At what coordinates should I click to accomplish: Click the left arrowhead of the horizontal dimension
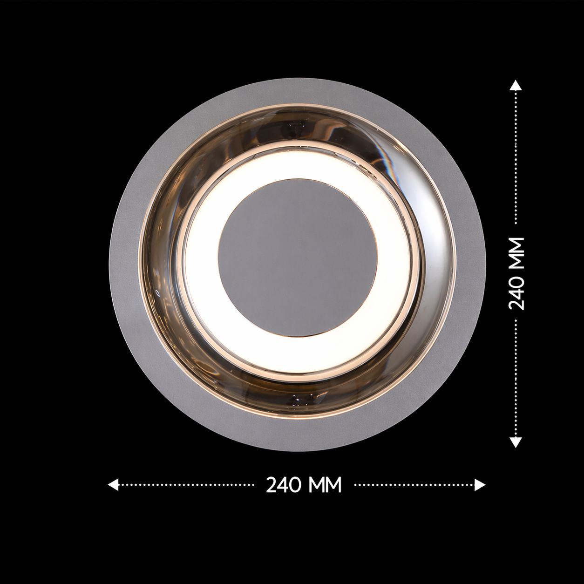point(113,485)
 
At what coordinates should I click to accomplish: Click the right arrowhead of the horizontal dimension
point(480,485)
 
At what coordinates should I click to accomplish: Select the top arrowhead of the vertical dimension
point(516,86)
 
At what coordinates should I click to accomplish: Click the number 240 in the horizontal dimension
point(283,485)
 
